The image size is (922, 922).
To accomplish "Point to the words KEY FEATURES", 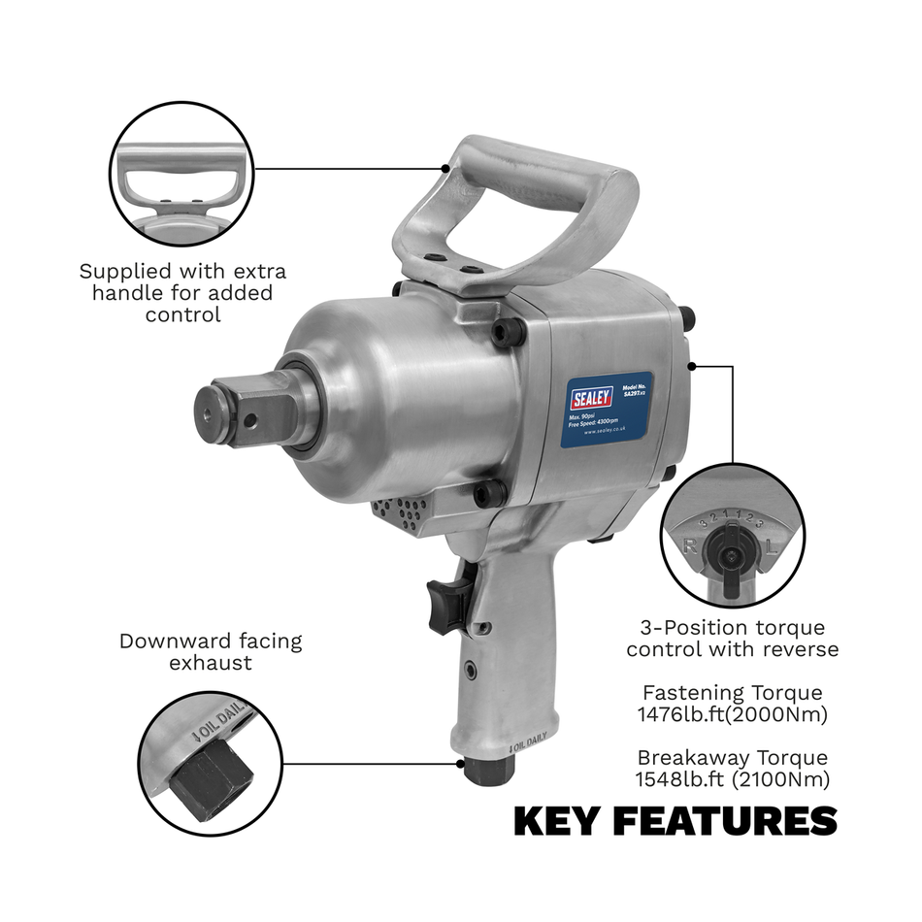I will coord(675,821).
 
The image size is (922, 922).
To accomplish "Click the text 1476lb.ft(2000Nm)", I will coord(732,714).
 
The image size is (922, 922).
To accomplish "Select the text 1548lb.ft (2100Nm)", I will coord(733,778).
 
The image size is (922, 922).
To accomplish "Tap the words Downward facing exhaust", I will coord(211,651).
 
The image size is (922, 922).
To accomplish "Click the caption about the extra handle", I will coord(182,293).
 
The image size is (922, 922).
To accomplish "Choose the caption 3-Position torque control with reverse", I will coord(732,639).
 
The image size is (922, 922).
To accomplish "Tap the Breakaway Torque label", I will coord(732,757).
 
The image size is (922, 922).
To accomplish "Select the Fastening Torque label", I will coord(732,693).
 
